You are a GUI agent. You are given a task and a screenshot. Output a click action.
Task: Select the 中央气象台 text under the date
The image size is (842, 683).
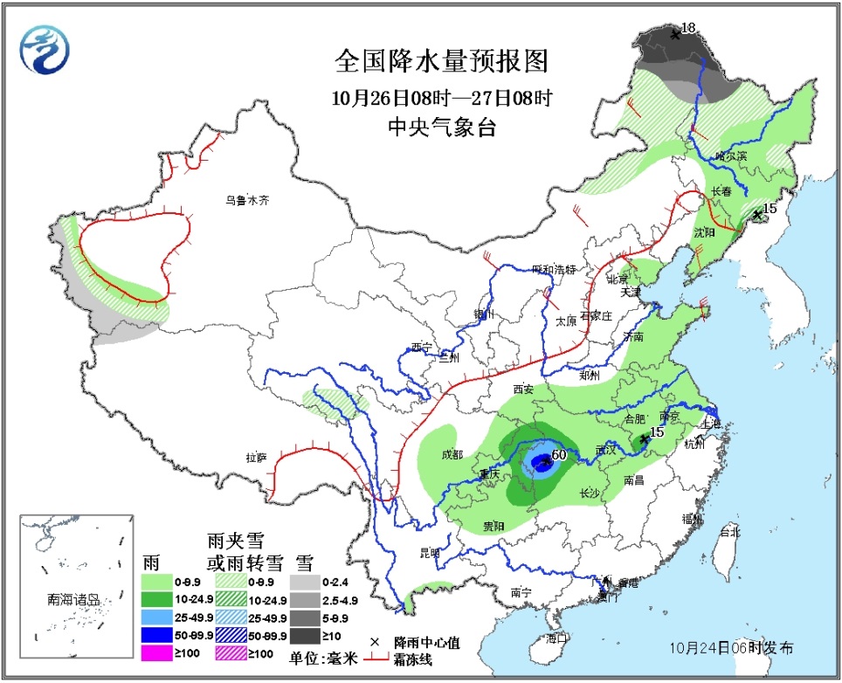tap(441, 128)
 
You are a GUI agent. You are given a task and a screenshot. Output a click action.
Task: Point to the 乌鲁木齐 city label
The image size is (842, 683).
tap(247, 200)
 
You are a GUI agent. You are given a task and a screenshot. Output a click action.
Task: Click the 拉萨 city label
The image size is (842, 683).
tap(256, 457)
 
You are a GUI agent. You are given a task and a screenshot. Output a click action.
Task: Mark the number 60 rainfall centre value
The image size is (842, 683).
tap(559, 454)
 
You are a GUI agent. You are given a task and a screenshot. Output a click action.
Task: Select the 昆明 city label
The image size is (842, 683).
tap(431, 552)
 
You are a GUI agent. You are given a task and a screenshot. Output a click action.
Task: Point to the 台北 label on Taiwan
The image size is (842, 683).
tap(728, 531)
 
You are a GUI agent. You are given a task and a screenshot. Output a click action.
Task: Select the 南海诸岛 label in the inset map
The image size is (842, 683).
tap(74, 600)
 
